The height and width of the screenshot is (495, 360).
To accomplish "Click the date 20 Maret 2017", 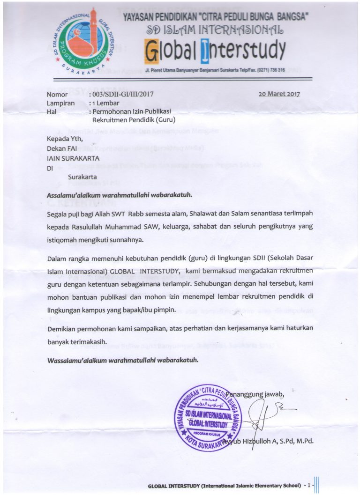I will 279,94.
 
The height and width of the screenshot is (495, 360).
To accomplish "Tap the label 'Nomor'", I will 57,94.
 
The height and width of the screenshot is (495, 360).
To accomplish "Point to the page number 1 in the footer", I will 309,486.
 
